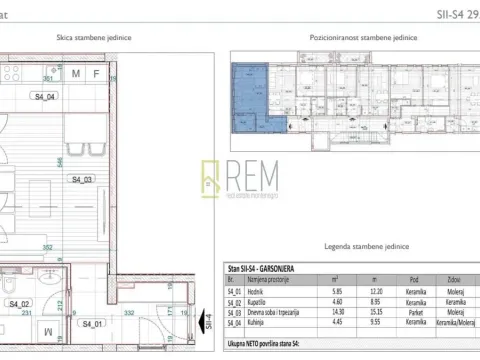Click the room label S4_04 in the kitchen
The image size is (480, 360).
46,96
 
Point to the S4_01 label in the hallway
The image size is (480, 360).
93,323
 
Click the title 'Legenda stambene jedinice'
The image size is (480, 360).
348,244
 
